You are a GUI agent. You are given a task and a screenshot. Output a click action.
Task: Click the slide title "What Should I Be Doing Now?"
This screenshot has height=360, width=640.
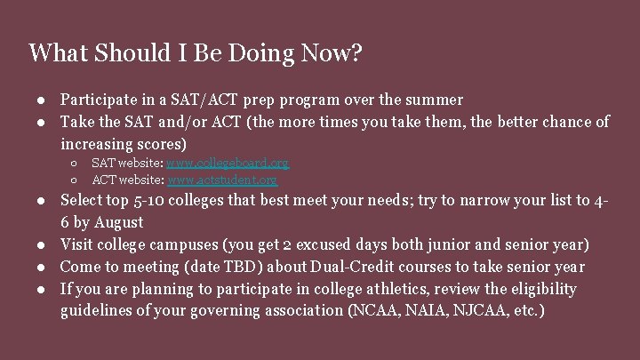[x=195, y=52]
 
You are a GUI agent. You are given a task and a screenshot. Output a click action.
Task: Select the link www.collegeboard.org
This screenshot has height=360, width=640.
[x=228, y=164]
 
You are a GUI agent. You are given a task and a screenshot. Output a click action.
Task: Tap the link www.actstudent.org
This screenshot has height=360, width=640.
[x=222, y=180]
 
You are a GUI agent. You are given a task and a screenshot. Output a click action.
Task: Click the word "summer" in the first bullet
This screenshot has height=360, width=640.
[x=434, y=100]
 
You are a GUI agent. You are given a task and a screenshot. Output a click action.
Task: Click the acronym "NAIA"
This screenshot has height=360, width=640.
[x=420, y=311]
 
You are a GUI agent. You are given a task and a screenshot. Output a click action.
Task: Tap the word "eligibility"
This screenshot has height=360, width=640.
[x=541, y=289]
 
